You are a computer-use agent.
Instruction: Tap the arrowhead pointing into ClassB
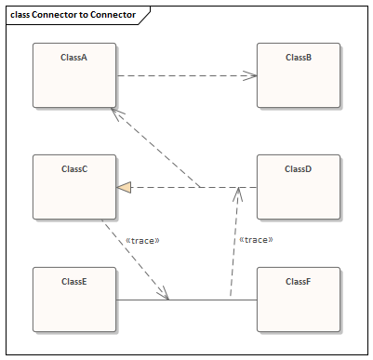pyautogui.click(x=250, y=76)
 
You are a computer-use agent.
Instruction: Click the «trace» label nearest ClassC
pyautogui.click(x=141, y=240)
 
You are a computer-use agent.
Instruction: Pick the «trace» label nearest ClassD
pyautogui.click(x=256, y=240)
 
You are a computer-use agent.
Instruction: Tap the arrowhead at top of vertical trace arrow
pyautogui.click(x=238, y=193)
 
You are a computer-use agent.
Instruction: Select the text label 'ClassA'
pyautogui.click(x=74, y=58)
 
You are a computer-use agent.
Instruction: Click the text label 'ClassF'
pyautogui.click(x=298, y=281)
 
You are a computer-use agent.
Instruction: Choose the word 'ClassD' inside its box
pyautogui.click(x=298, y=169)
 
